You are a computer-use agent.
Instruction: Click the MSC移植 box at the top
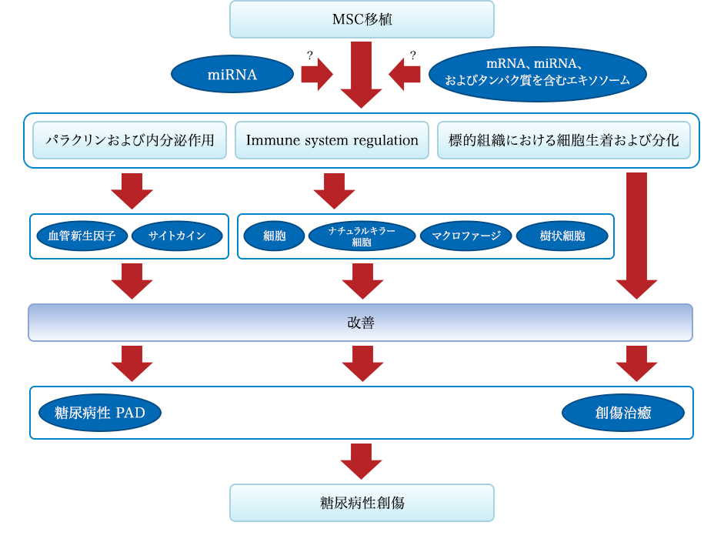(362, 19)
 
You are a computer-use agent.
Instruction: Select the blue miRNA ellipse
(232, 74)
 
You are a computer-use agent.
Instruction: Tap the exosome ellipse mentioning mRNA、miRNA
(538, 74)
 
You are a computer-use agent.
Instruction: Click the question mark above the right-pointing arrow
(310, 55)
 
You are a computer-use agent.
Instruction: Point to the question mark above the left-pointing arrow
(413, 55)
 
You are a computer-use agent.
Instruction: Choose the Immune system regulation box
(332, 140)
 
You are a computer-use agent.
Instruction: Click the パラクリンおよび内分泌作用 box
(130, 140)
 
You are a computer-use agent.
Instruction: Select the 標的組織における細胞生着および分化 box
(564, 140)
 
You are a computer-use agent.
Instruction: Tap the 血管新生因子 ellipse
(82, 236)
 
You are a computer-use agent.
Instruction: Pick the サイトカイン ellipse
(177, 236)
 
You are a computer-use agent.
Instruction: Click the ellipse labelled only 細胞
(274, 236)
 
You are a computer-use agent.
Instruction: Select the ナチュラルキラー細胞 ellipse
(362, 236)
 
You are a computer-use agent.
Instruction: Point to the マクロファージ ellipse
(466, 236)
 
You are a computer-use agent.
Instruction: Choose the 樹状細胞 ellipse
(562, 236)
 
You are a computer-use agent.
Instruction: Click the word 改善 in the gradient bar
(361, 323)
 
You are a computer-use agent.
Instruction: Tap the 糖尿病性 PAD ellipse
(100, 413)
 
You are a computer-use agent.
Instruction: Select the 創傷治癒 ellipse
(623, 413)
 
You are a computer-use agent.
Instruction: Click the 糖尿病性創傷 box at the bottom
(362, 503)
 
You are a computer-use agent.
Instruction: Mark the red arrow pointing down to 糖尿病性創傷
(361, 461)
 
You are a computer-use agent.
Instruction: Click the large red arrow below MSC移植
(361, 75)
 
